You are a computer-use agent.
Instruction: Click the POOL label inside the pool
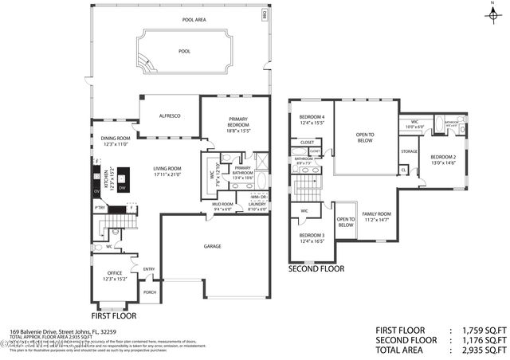185,51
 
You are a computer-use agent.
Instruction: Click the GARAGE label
212,246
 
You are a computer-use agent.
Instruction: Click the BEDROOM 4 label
312,119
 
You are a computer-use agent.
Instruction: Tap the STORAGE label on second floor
409,151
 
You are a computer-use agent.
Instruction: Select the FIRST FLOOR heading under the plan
114,316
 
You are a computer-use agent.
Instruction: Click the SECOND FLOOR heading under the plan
316,269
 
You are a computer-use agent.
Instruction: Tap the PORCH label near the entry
149,292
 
